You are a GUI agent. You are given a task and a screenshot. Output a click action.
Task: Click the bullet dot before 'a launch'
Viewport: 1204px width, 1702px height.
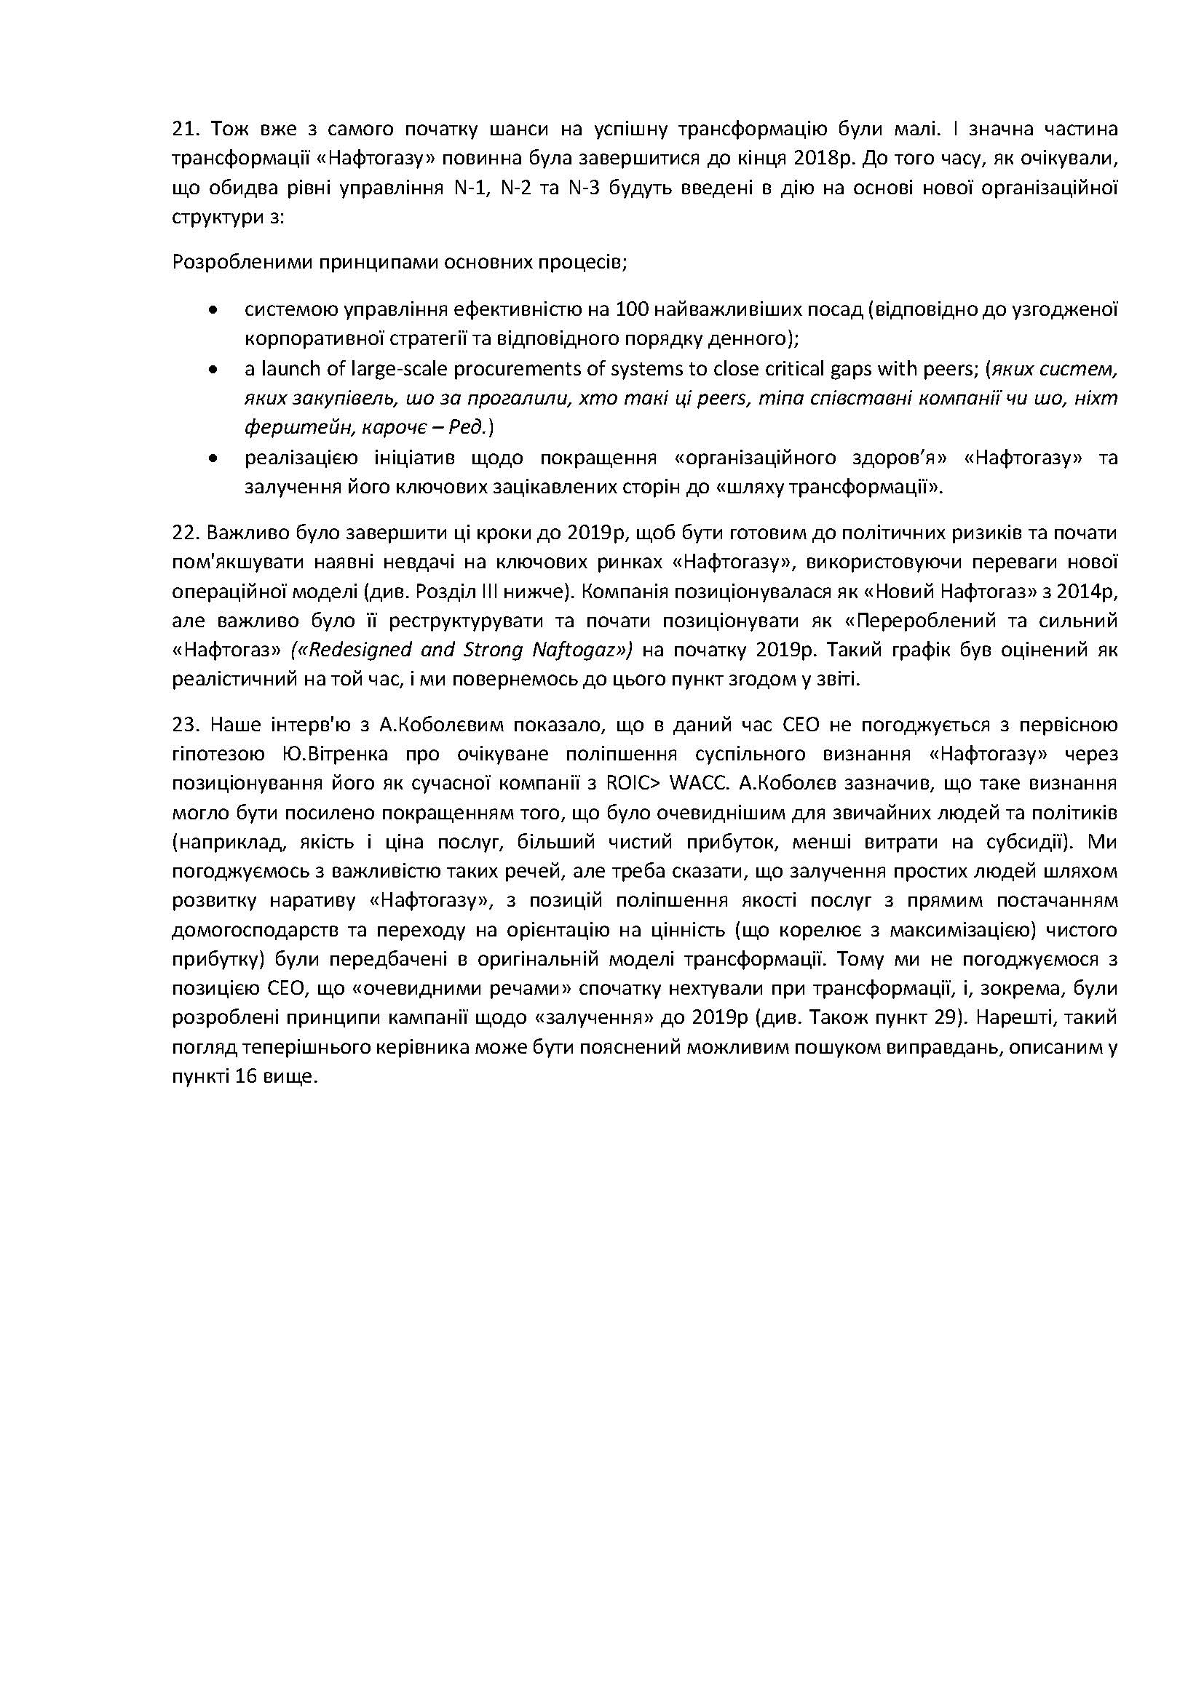tap(214, 368)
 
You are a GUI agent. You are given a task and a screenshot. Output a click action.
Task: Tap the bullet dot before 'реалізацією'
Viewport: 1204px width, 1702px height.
tap(214, 458)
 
